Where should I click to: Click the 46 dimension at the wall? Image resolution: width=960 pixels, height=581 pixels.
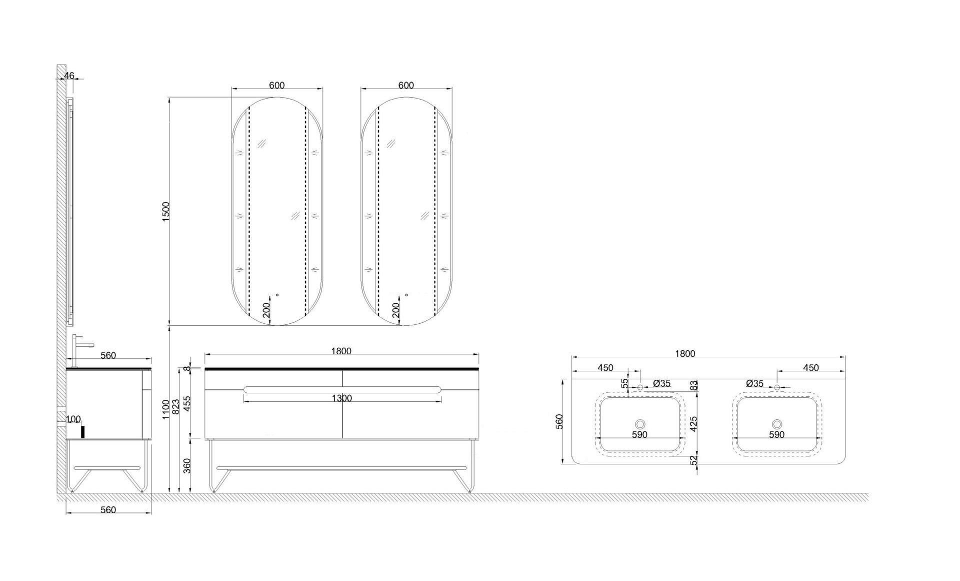click(x=69, y=76)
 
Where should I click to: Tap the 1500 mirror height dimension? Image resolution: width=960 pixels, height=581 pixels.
click(x=166, y=212)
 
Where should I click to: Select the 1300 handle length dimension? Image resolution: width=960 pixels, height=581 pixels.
click(x=342, y=398)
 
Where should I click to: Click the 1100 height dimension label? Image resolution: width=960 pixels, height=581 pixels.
click(x=166, y=410)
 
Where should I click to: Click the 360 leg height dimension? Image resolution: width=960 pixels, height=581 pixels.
click(x=187, y=466)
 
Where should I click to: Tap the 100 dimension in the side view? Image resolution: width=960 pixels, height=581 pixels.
click(x=73, y=419)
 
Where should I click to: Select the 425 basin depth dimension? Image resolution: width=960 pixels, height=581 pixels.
click(x=693, y=424)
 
